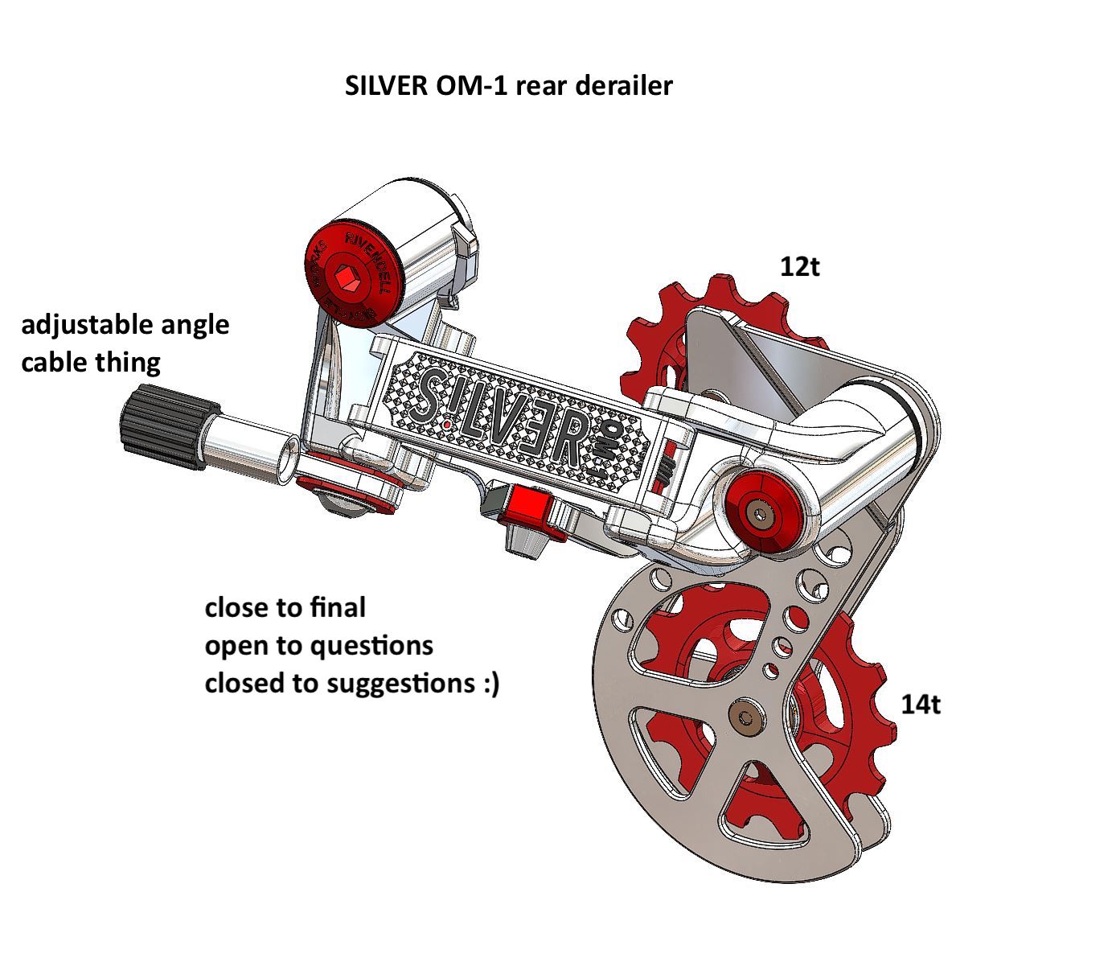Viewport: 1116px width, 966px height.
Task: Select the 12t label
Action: (x=799, y=266)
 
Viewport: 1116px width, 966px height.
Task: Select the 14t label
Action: (x=920, y=705)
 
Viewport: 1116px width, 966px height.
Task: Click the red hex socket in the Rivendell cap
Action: (x=351, y=278)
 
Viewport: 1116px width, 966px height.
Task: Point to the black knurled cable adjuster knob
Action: (x=160, y=425)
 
